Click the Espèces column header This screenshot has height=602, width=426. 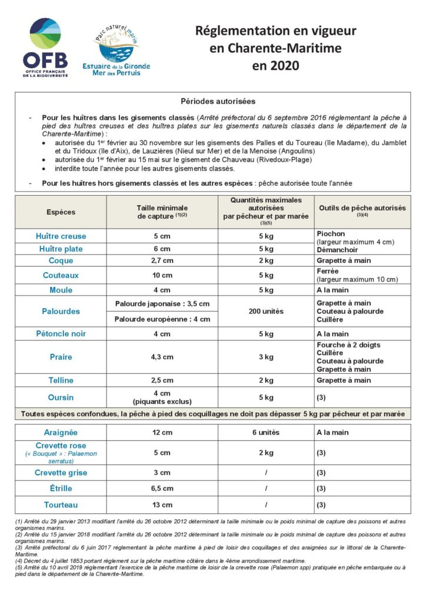(x=61, y=212)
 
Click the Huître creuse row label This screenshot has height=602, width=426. (x=61, y=236)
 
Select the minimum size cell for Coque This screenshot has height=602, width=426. (x=162, y=260)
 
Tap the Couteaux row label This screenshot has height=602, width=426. (x=61, y=275)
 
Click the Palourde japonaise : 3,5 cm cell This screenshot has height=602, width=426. (x=162, y=303)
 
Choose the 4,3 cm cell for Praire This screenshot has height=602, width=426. (x=162, y=357)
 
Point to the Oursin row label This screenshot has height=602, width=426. (x=61, y=397)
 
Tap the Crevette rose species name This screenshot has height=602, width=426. (x=61, y=446)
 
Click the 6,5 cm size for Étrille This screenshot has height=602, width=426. (x=162, y=489)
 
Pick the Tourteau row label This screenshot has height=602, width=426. (x=61, y=505)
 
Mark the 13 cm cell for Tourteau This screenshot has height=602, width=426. (x=162, y=505)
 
